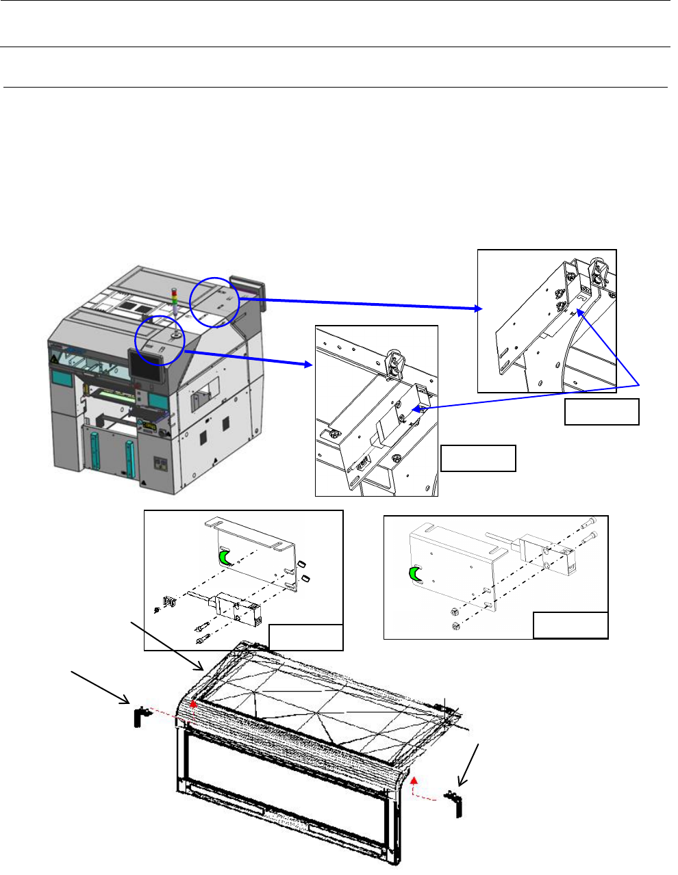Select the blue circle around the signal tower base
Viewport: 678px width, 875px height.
coord(160,339)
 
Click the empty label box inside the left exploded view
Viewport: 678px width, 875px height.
coord(305,637)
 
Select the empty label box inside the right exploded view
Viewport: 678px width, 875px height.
coord(570,625)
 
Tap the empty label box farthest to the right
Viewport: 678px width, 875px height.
coord(602,412)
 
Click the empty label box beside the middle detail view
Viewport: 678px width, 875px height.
coord(478,458)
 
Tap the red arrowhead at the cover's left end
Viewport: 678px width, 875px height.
coord(194,703)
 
